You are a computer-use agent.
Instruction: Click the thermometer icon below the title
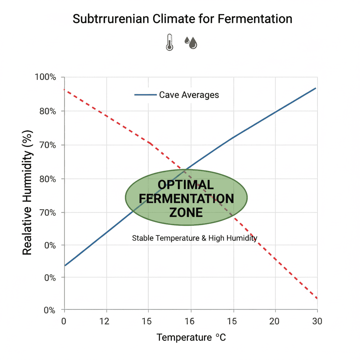(x=170, y=42)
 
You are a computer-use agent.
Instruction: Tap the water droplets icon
(x=191, y=43)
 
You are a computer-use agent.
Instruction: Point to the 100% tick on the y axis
(x=46, y=77)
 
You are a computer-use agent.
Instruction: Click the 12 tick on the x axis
(x=105, y=321)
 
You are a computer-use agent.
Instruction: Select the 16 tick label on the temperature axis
(x=190, y=321)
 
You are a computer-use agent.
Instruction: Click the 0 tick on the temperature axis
(x=64, y=321)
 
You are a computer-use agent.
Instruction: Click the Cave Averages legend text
(x=189, y=95)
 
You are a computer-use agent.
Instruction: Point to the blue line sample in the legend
(x=145, y=95)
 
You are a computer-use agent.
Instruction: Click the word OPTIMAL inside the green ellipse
(x=185, y=185)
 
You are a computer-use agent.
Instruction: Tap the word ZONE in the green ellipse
(x=186, y=212)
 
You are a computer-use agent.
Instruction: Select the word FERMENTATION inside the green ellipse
(x=186, y=199)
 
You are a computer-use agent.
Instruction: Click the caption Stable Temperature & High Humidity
(x=194, y=238)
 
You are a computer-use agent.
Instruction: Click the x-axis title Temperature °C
(x=191, y=338)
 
